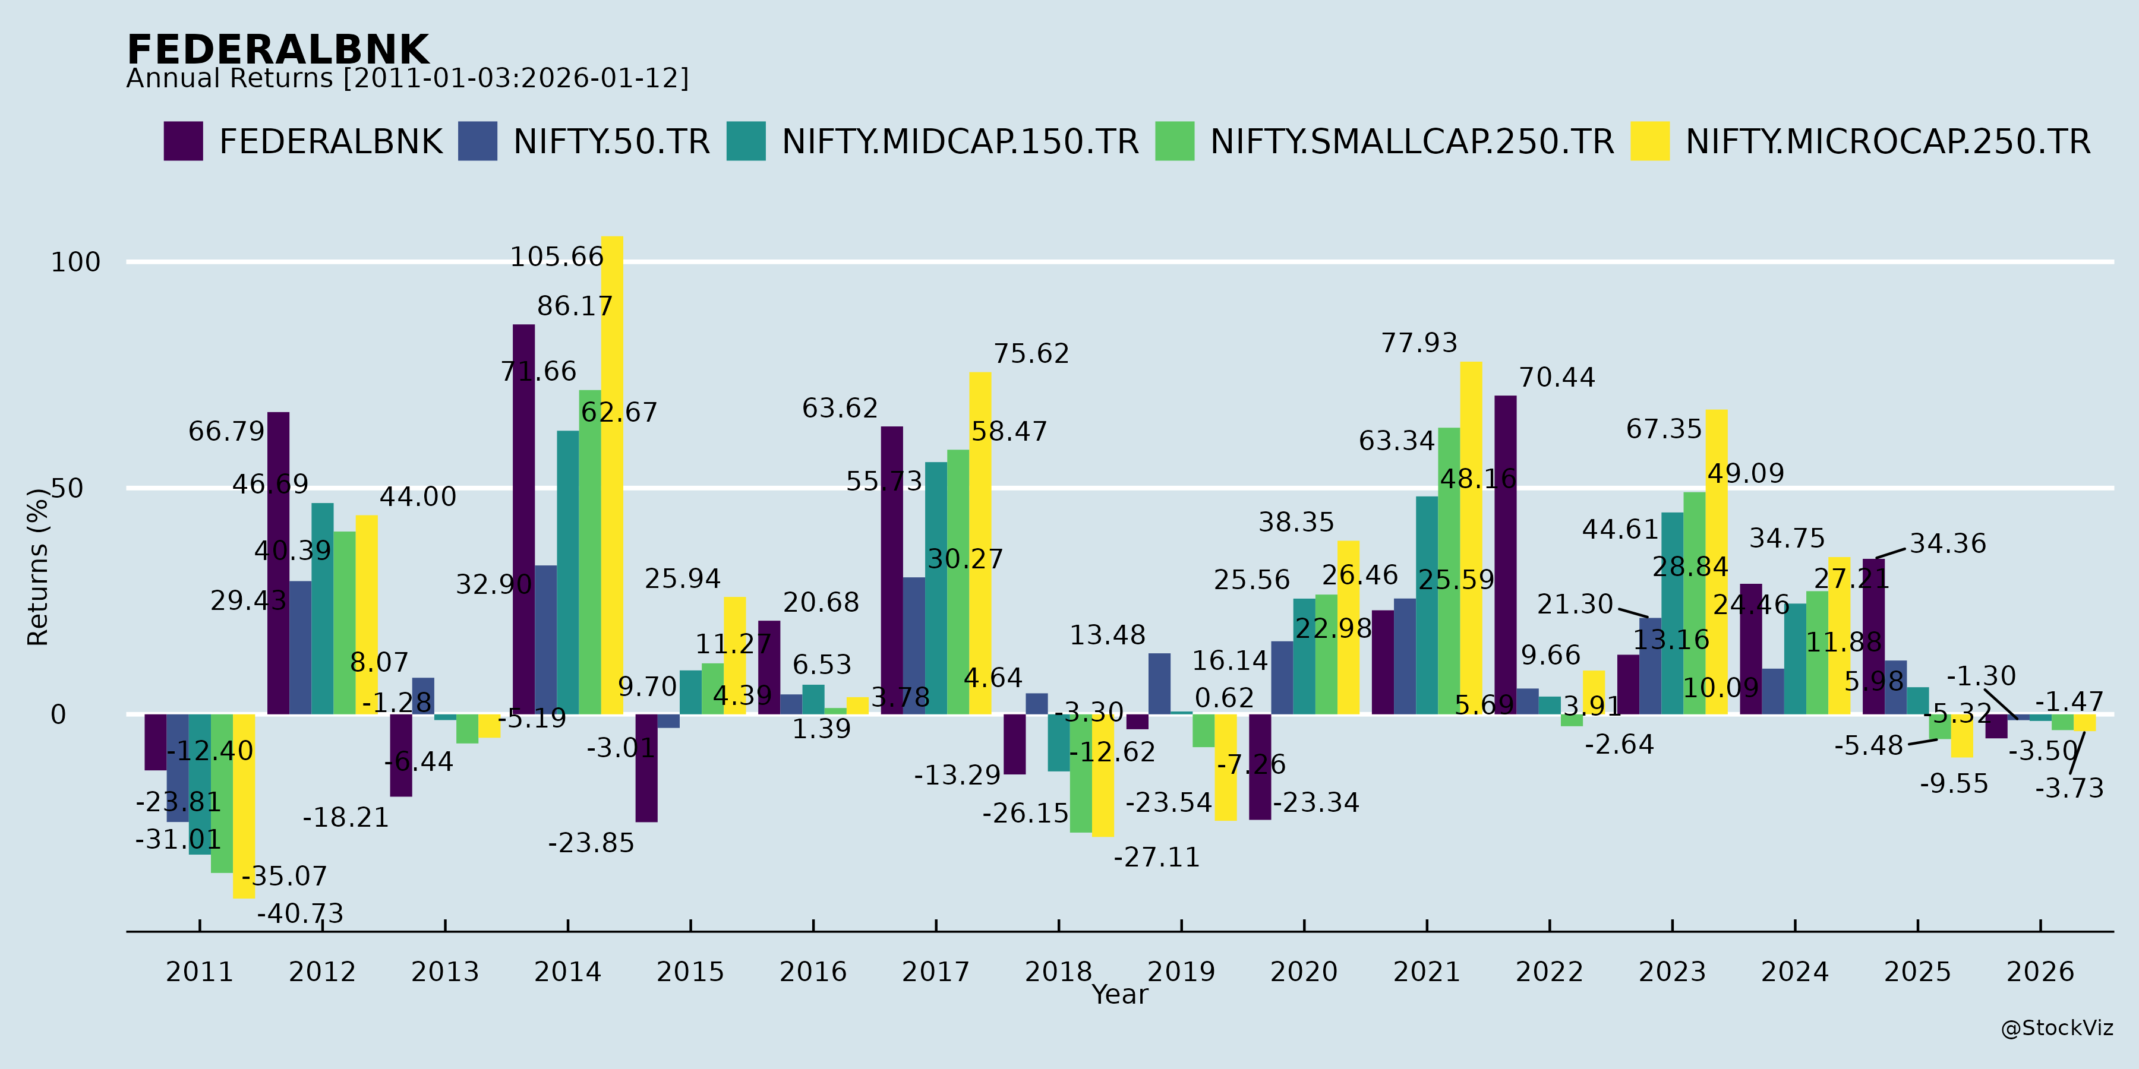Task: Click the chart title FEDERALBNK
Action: click(277, 50)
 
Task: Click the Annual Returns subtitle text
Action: click(407, 79)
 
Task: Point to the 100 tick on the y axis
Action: click(75, 262)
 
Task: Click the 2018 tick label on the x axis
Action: click(1058, 972)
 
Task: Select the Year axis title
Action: click(1119, 994)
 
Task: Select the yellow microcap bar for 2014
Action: click(612, 475)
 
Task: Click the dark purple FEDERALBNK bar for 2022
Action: click(1506, 555)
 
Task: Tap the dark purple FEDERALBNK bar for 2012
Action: click(278, 563)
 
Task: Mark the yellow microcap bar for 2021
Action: click(1471, 538)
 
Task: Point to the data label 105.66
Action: click(556, 257)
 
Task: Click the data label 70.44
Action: click(1557, 378)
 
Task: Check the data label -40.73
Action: click(300, 914)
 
